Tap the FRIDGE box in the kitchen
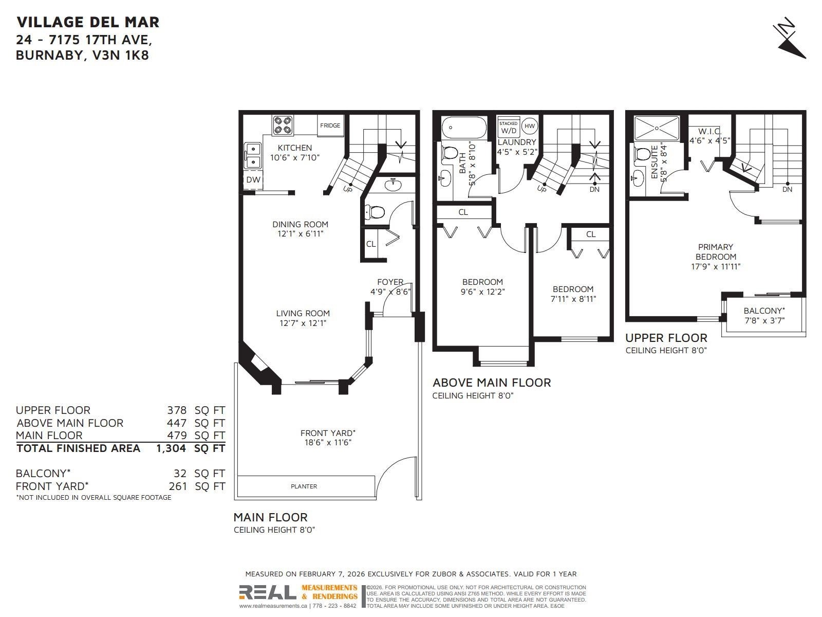point(330,125)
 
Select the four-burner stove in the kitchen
point(283,125)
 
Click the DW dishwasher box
point(253,179)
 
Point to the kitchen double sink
point(253,156)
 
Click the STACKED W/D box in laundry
point(509,128)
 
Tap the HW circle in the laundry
point(530,126)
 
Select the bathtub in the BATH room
point(463,128)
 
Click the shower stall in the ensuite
point(657,128)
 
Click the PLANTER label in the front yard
point(304,486)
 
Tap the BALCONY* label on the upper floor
point(764,311)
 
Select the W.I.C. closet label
point(709,132)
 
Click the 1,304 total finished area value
point(171,448)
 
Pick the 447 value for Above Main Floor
point(177,423)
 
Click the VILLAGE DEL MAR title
point(88,22)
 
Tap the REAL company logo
point(268,592)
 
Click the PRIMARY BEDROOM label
point(716,252)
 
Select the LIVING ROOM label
point(303,313)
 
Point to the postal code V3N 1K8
point(121,55)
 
